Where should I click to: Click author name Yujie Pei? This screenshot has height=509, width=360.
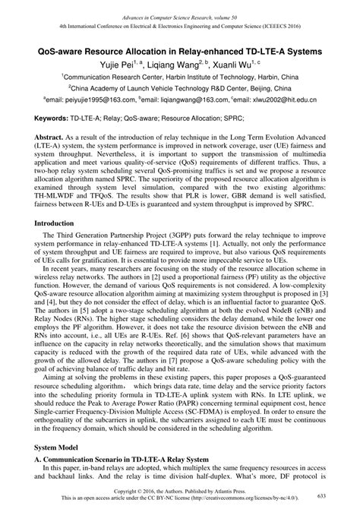coord(125,63)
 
